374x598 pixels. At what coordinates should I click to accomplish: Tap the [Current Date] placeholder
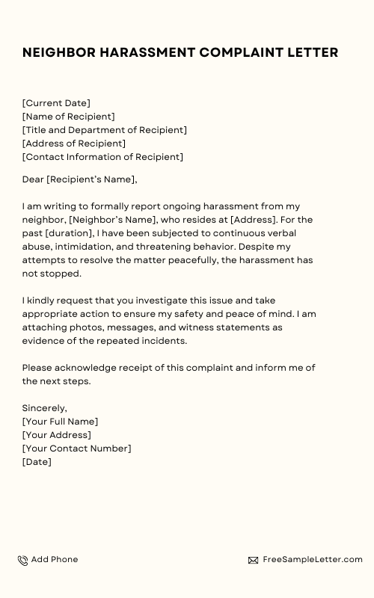coord(56,103)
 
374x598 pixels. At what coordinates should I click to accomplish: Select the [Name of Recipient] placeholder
coord(69,117)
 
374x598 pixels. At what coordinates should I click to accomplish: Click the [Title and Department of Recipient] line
coord(105,130)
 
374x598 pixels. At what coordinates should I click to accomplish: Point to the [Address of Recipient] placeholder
coord(74,144)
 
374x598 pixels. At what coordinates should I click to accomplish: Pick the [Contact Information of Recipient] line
coord(102,157)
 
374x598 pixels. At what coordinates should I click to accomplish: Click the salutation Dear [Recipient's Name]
coord(80,179)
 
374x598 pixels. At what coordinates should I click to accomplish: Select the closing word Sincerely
coord(45,408)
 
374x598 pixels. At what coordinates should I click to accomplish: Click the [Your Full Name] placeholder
coord(60,422)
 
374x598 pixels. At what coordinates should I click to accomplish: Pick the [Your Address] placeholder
coord(57,435)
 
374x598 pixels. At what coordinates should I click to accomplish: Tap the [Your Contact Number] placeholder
coord(76,449)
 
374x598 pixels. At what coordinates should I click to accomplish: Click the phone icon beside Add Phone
coord(23,560)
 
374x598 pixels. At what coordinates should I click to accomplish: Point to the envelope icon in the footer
coord(253,560)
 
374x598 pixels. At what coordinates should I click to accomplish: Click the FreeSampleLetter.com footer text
coord(313,559)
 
